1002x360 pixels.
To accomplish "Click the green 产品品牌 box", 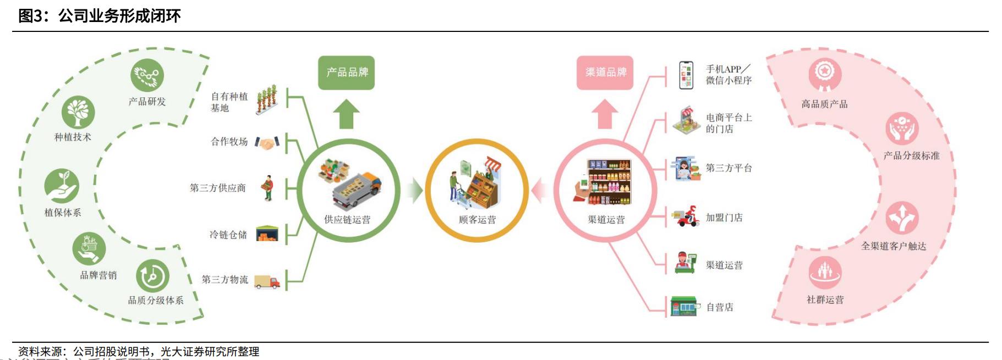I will point(346,73).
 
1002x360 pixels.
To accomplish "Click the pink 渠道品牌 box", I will point(605,73).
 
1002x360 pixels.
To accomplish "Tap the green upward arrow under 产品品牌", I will point(346,114).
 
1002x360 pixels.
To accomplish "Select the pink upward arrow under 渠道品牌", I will point(605,114).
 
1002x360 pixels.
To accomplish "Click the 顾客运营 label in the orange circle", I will point(477,220).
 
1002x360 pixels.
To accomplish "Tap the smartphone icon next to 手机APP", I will point(686,75).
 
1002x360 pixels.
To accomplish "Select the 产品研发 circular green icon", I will point(147,75).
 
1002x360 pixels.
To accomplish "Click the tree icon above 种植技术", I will point(78,112).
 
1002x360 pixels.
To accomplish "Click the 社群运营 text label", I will point(825,300).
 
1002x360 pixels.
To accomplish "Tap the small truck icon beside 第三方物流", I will point(267,282).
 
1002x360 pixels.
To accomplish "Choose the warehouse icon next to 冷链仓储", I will point(267,234).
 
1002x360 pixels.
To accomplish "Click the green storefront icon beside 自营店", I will point(684,307).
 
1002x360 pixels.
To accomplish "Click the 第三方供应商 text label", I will point(217,188).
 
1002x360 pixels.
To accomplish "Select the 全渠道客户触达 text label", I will point(894,246).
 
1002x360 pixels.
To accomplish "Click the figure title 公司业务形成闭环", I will point(119,16).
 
